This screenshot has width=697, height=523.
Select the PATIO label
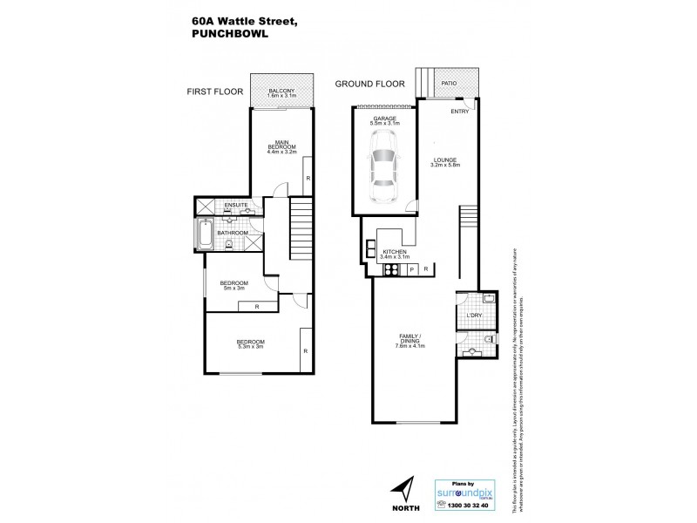coord(449,84)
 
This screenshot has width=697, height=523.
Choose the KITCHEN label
coord(395,251)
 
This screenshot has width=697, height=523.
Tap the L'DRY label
coord(475,315)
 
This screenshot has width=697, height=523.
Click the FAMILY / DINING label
coord(409,341)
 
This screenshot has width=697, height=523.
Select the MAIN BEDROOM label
coord(281,146)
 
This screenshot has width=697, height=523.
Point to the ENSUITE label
coord(236,205)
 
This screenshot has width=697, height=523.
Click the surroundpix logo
coord(465,490)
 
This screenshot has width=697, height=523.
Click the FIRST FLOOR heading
coord(212,90)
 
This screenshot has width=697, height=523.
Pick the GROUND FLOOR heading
coord(371,84)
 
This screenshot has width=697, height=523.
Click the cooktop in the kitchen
coord(391,269)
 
